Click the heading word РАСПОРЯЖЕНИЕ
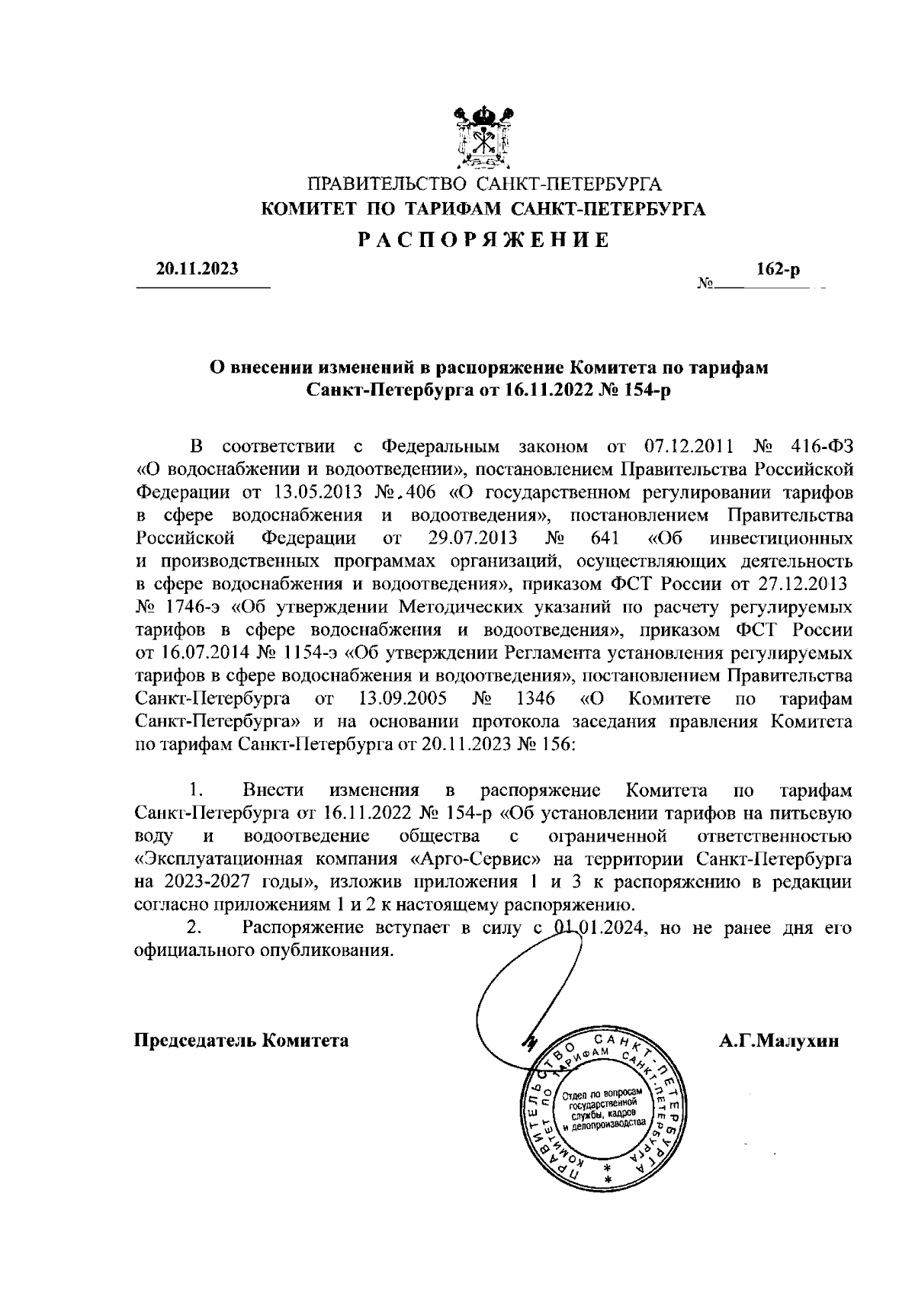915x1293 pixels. click(x=484, y=240)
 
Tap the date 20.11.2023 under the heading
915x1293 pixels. click(x=197, y=268)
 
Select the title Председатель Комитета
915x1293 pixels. click(x=242, y=1041)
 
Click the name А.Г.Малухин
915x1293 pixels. click(x=778, y=1041)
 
